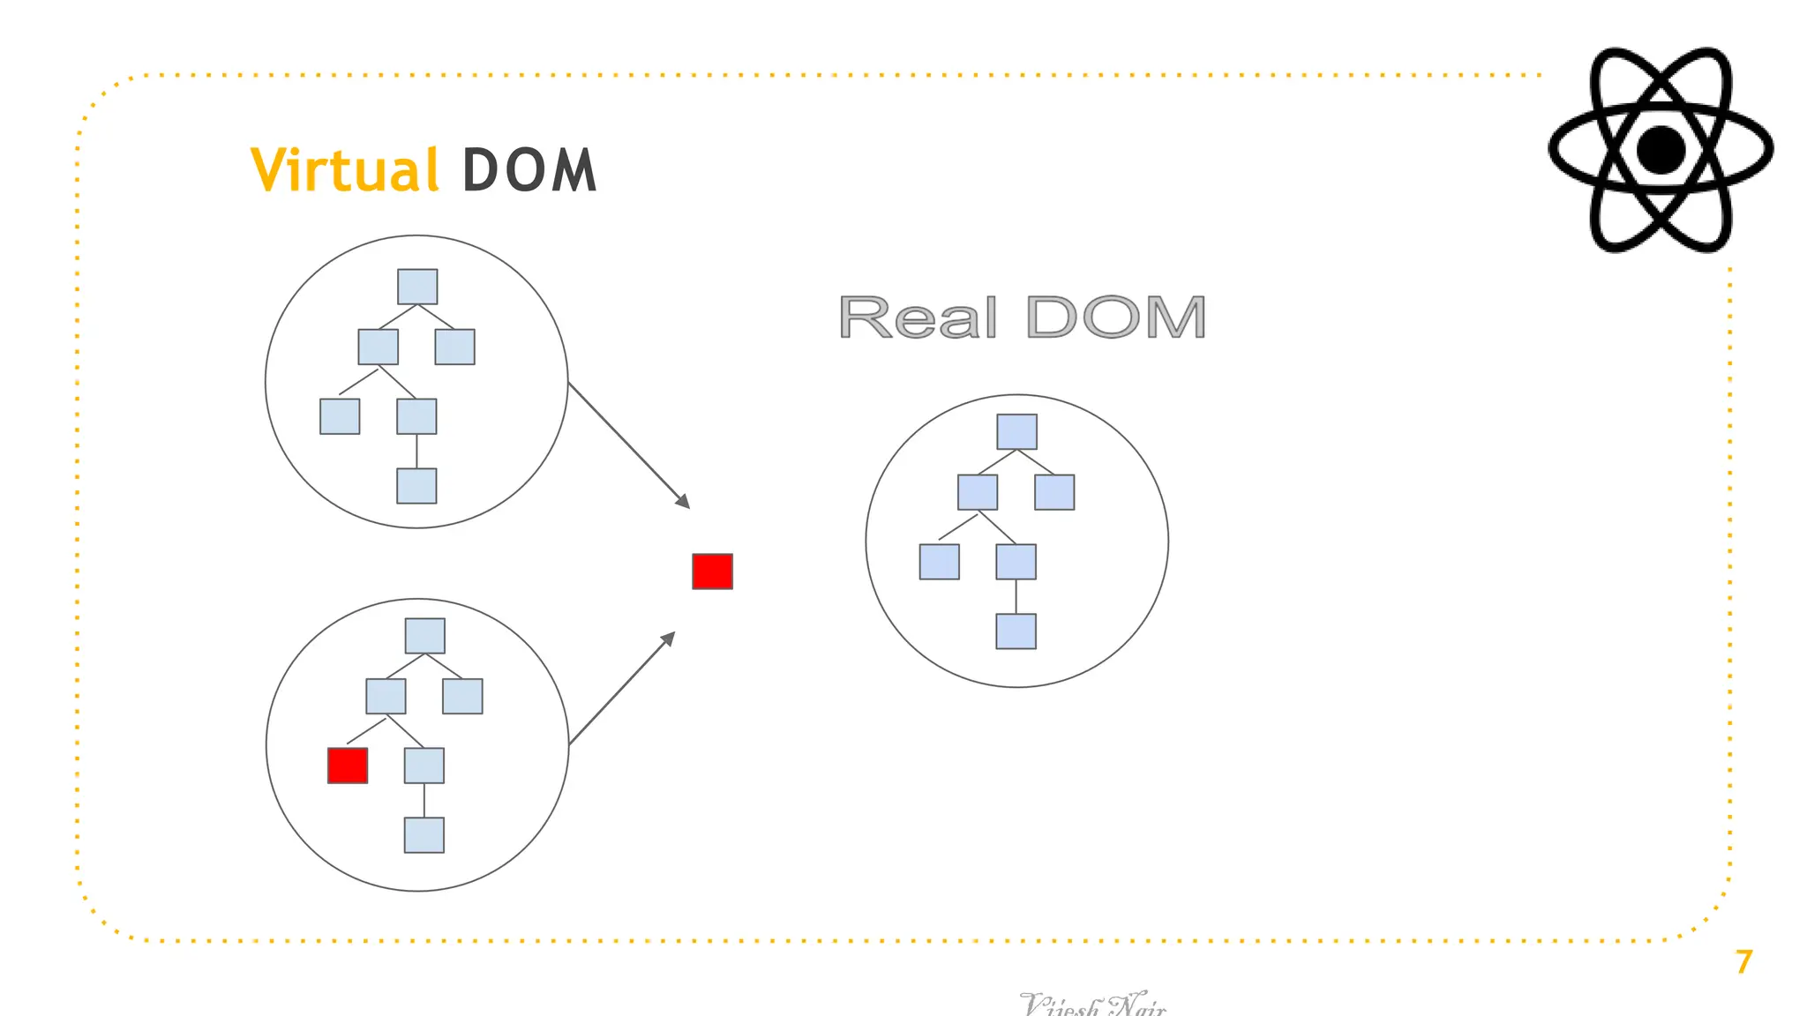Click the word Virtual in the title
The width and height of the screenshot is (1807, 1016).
[344, 169]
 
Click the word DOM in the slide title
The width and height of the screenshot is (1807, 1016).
[529, 169]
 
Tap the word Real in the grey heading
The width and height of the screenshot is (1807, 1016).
[918, 317]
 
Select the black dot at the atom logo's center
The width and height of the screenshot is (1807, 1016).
[1661, 150]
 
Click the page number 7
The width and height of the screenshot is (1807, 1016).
[1743, 961]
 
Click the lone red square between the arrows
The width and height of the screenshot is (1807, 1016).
[712, 571]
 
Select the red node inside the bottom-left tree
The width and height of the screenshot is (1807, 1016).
[348, 766]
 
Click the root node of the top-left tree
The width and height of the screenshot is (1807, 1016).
[417, 287]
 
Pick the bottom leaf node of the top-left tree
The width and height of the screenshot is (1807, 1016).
[416, 486]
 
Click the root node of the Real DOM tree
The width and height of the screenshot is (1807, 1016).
[1016, 432]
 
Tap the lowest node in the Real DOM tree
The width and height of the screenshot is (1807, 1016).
[1016, 631]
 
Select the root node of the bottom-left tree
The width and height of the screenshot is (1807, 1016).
[424, 636]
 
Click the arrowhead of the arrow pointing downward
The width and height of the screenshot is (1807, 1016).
[684, 503]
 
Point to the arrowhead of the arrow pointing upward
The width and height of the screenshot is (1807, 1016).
[669, 638]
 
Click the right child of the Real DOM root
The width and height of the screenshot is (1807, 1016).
[1054, 492]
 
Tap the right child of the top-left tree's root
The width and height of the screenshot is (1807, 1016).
[454, 347]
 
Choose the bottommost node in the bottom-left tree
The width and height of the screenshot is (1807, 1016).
[424, 835]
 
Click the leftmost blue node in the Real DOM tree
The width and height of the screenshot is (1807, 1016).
[939, 562]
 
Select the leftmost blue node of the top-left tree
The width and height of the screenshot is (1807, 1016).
[340, 416]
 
